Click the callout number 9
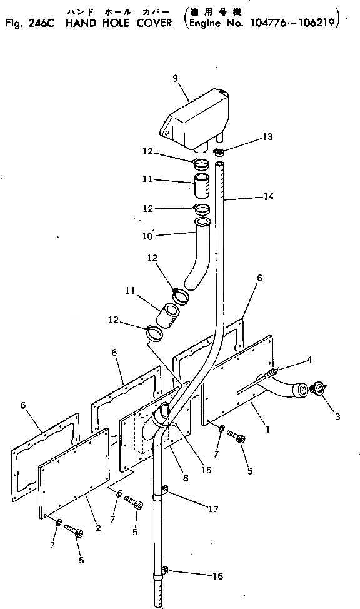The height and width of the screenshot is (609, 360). click(x=175, y=78)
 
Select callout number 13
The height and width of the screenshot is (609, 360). click(x=267, y=137)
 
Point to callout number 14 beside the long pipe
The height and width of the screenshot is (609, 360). click(x=268, y=196)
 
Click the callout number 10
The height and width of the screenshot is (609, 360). click(x=147, y=236)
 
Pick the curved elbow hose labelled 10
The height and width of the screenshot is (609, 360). click(x=197, y=253)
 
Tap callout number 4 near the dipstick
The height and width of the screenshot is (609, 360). click(x=309, y=360)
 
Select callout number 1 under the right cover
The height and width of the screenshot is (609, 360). click(x=267, y=429)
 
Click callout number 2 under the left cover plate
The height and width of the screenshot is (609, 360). click(x=98, y=528)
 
